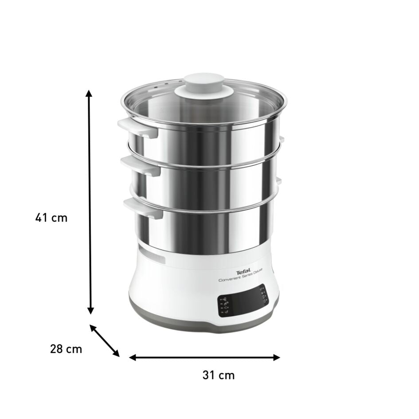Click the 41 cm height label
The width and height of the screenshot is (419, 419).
point(51,218)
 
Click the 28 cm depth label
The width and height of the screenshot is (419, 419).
point(66,349)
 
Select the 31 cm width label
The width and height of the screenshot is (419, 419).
point(218,375)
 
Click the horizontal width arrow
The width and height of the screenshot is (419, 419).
point(204,357)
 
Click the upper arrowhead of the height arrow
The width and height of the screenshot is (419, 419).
point(89,94)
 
